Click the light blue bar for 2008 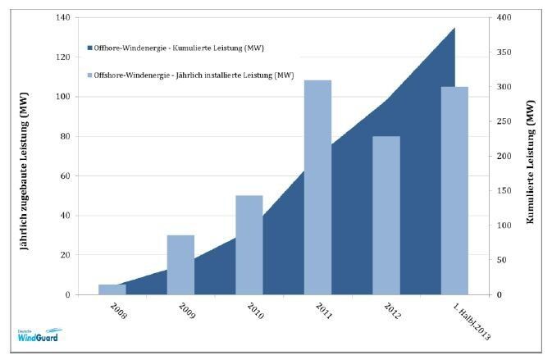point(112,289)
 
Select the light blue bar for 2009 point(180,265)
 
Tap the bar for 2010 point(249,244)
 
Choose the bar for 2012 point(386,215)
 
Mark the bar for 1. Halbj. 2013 point(454,190)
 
